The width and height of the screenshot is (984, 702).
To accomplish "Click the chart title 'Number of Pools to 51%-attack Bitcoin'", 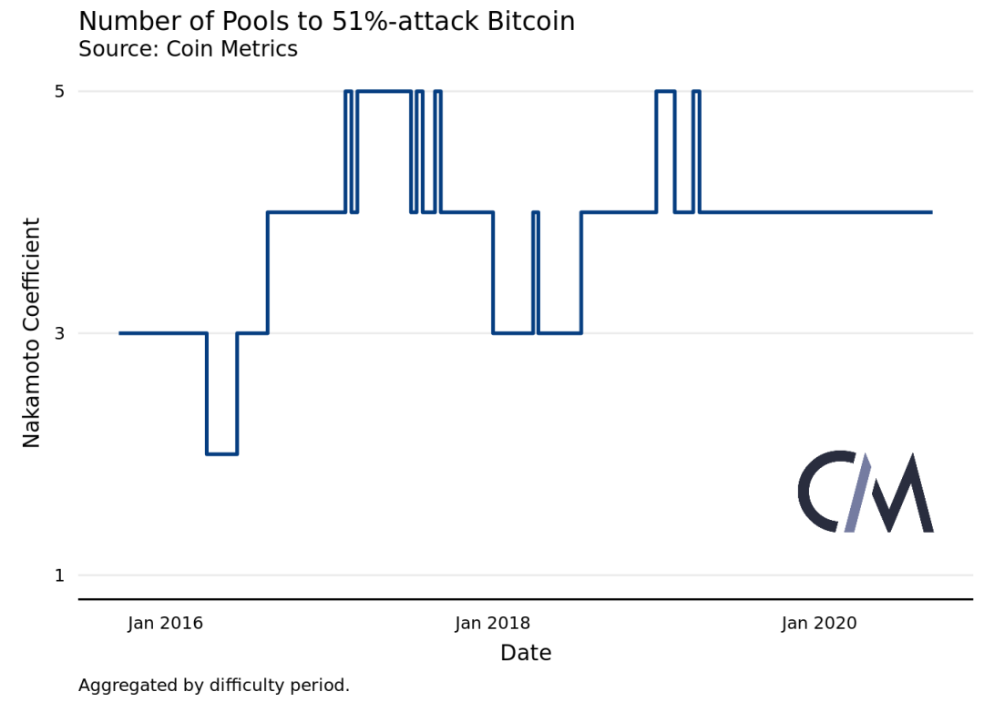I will coord(326,22).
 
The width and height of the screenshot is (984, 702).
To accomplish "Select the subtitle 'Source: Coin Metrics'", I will coord(188,49).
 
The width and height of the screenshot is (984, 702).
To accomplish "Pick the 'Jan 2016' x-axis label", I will coord(165,623).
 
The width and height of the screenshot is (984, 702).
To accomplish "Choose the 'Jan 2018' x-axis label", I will coord(493,623).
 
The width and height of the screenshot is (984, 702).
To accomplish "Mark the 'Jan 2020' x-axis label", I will coord(819,623).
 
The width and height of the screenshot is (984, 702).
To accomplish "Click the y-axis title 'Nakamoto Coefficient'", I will coord(32,332).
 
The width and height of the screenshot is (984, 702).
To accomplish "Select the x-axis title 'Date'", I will coord(526,653).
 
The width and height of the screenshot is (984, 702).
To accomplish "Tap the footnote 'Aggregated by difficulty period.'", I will coord(214,685).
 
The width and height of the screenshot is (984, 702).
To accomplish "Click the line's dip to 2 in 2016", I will coord(222,453).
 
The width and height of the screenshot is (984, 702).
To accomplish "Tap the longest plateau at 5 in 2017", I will coord(384,91).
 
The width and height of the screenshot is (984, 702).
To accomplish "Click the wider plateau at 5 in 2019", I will coord(665,91).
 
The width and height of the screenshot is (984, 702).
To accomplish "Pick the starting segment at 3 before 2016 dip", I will coord(163,333).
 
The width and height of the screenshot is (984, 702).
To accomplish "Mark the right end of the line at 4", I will coord(930,212).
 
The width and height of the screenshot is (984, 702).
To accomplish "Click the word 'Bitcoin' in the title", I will coord(530,22).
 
